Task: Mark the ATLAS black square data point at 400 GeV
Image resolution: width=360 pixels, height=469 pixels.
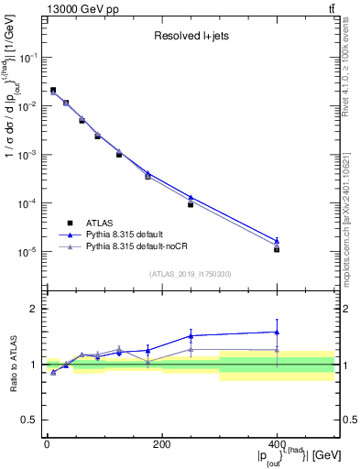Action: tap(277, 249)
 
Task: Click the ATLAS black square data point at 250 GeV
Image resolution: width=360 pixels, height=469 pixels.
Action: tap(191, 204)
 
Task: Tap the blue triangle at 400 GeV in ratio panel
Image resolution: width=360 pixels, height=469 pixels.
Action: tap(277, 332)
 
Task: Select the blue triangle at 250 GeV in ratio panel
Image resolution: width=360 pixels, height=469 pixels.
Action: tap(191, 335)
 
